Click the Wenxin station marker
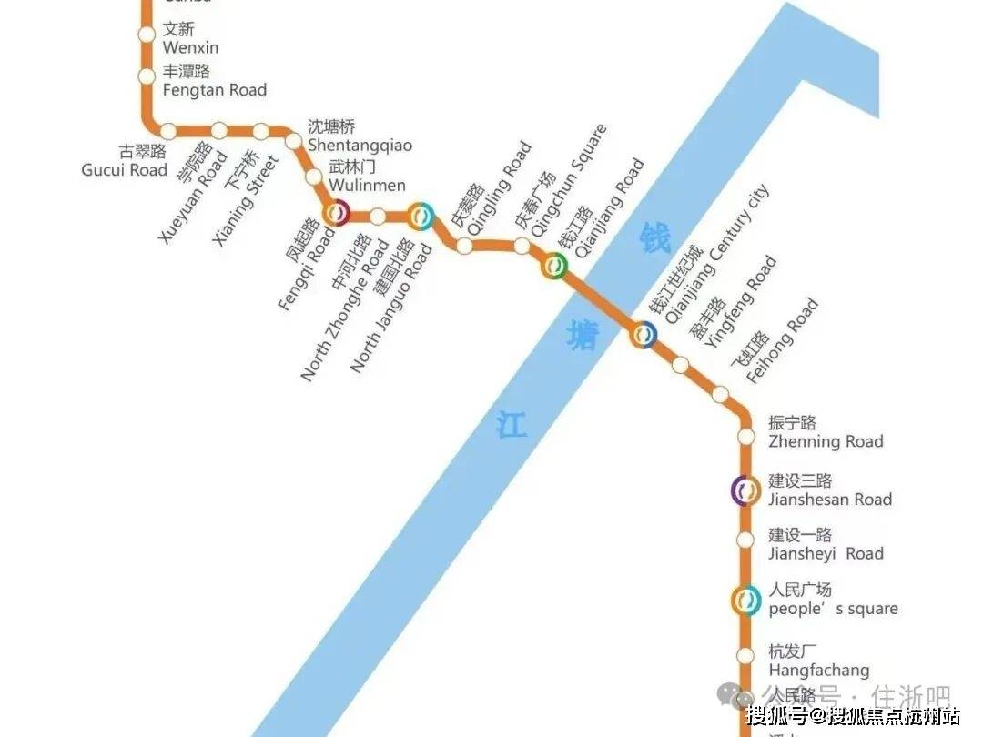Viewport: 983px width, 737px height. click(x=147, y=35)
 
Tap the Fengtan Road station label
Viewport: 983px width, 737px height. click(x=214, y=81)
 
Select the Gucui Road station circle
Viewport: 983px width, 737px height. click(x=168, y=131)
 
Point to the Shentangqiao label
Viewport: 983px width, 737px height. click(x=360, y=136)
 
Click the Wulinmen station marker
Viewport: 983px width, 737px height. click(x=314, y=177)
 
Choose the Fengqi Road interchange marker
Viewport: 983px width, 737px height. click(x=337, y=214)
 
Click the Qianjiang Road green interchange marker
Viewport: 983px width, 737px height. click(x=555, y=267)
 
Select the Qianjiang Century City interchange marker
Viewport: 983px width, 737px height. click(x=644, y=335)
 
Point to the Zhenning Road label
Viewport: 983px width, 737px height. click(x=825, y=433)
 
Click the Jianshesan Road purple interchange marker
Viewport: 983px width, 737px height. click(x=746, y=490)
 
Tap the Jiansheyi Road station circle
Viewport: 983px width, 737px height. click(x=746, y=540)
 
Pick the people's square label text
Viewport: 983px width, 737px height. click(x=832, y=600)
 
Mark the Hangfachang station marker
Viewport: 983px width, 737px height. click(x=746, y=655)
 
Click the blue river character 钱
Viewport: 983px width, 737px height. click(x=654, y=238)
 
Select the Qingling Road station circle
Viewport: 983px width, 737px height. click(x=465, y=246)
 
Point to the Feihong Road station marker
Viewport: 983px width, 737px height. click(x=720, y=394)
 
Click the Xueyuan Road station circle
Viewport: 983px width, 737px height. click(x=219, y=131)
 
